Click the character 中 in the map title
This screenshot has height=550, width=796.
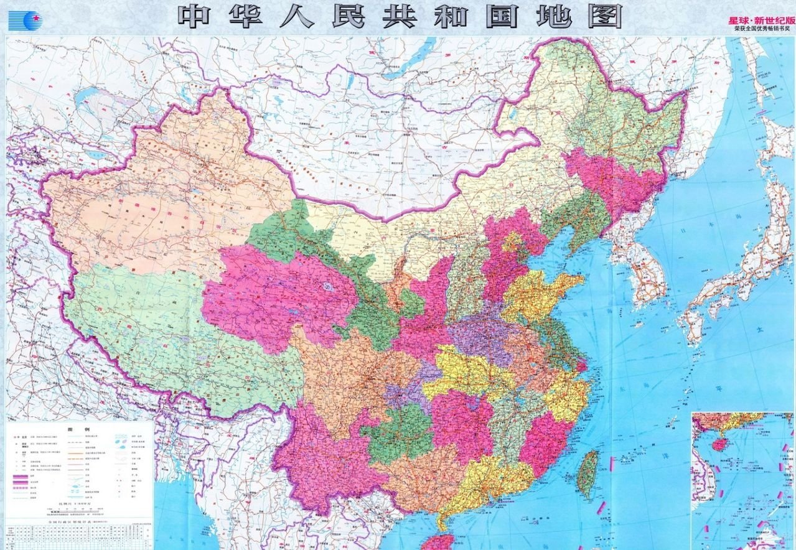195,17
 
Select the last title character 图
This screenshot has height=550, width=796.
602,17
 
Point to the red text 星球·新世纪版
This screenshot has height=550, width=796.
761,20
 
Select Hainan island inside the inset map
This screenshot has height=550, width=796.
719,444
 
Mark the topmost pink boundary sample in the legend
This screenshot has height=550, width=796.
22,476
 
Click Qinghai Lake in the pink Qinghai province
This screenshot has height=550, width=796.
326,287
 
